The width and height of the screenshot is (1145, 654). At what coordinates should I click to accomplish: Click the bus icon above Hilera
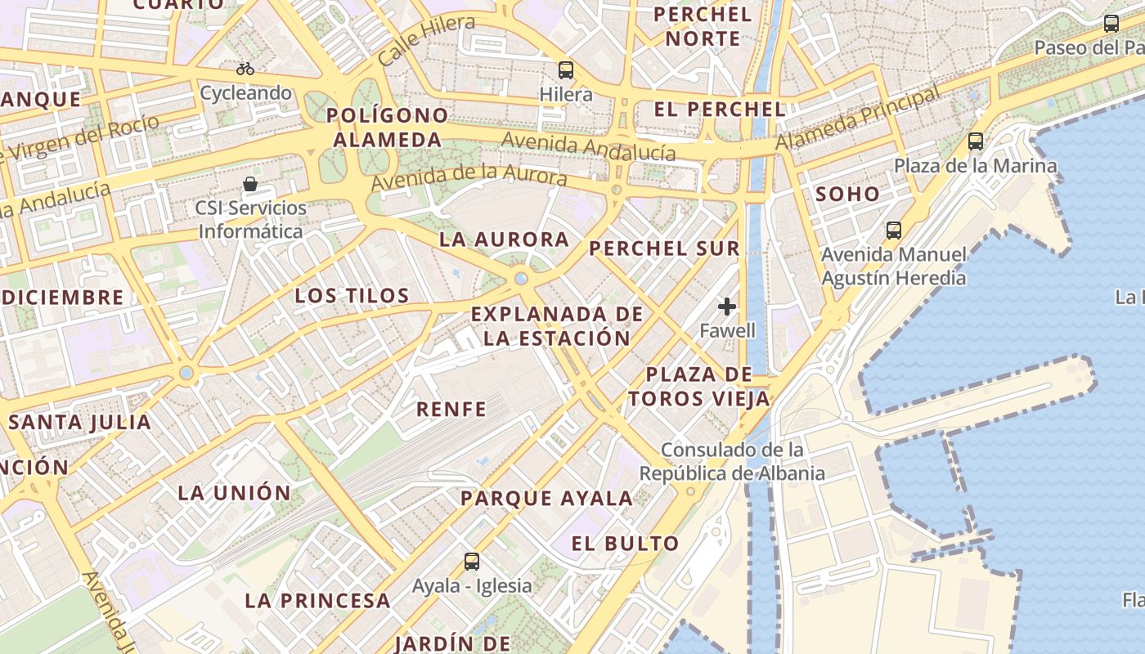click(x=565, y=69)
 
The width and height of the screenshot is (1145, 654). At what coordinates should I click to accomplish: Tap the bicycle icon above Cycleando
click(x=245, y=69)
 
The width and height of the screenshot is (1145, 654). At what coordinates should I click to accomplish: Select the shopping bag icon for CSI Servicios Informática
click(x=250, y=184)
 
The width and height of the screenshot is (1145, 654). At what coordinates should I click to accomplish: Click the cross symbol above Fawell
click(x=727, y=307)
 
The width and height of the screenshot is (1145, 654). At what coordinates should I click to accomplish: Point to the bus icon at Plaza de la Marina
click(x=976, y=141)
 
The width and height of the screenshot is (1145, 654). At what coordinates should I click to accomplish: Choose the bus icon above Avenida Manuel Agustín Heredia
click(x=894, y=231)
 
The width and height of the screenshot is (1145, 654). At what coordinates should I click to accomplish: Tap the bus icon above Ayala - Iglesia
click(x=472, y=562)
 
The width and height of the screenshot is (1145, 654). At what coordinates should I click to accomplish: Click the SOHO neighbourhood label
click(x=847, y=195)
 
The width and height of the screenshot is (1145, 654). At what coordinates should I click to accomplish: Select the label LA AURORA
click(x=504, y=240)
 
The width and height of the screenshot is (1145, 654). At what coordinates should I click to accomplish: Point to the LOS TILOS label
click(x=352, y=296)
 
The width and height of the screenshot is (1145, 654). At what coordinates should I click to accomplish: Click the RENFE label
click(x=451, y=409)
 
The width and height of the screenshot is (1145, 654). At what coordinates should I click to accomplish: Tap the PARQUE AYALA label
click(x=546, y=498)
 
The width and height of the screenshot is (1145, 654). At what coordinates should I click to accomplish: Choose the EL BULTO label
click(x=625, y=544)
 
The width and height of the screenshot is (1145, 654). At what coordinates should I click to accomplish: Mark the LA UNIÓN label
click(x=235, y=493)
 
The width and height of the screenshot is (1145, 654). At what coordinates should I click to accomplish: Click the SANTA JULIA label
click(x=80, y=423)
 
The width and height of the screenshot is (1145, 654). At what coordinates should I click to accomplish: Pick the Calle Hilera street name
click(x=426, y=41)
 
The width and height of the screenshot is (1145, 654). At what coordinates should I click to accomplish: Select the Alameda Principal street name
click(x=858, y=119)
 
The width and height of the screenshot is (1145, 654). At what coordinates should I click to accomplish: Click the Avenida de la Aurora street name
click(x=469, y=177)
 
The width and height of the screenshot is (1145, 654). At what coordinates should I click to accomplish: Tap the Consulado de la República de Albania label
click(x=732, y=461)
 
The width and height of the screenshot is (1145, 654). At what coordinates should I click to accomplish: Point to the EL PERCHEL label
click(x=720, y=109)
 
